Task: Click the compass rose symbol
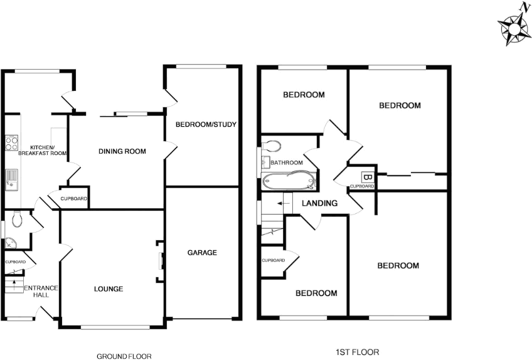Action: click(x=514, y=28)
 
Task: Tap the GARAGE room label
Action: click(x=202, y=253)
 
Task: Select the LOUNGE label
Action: click(x=109, y=289)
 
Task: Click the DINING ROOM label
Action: click(x=122, y=151)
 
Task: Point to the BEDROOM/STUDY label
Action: click(x=206, y=124)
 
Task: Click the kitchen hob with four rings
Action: click(x=11, y=143)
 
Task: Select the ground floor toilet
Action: click(x=17, y=219)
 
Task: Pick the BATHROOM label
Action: click(x=287, y=163)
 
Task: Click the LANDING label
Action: click(x=320, y=203)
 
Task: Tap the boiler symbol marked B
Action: click(x=368, y=177)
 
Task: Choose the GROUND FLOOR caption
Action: click(x=124, y=356)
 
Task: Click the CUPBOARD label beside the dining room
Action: click(x=74, y=199)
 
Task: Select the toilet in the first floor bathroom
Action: click(x=271, y=146)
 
